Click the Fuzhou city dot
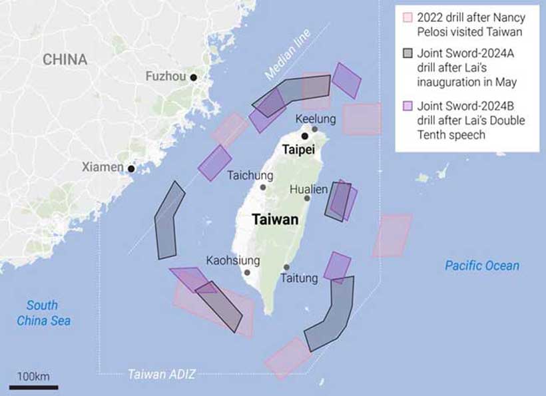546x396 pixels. coord(193,77)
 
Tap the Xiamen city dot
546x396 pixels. coord(131,168)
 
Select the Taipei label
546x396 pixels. coord(298,150)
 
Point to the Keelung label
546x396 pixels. coord(316,118)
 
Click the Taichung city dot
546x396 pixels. coord(263,188)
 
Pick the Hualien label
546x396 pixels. coord(308,189)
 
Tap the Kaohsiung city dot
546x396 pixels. coord(247,272)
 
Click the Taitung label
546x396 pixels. coord(300,278)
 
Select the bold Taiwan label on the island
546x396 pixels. coord(274,220)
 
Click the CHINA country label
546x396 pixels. coord(65,59)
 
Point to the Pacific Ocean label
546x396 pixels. coord(482,266)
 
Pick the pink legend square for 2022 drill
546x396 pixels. coord(406,17)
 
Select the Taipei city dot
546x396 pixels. coord(305,136)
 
